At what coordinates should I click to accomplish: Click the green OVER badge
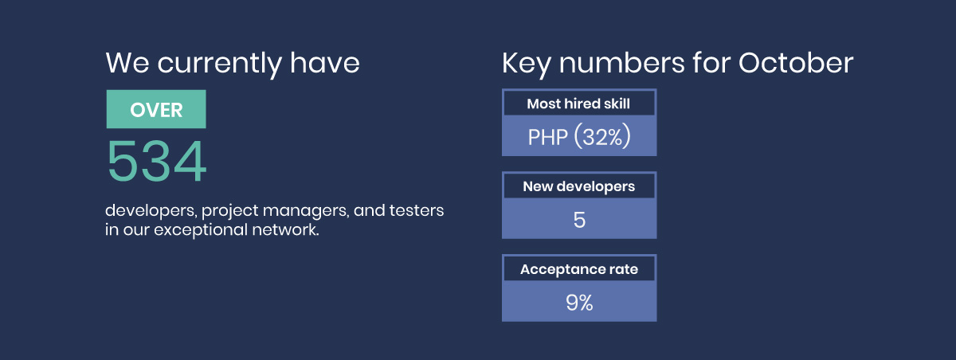(x=156, y=109)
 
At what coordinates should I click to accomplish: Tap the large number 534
(x=157, y=161)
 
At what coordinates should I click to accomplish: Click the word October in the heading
(x=796, y=63)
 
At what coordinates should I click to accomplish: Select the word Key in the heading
(x=527, y=65)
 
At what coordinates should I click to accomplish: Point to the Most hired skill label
(x=578, y=104)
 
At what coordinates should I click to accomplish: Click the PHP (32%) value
(x=579, y=136)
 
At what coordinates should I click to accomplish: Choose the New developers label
(x=578, y=187)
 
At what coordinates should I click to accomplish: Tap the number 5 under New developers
(x=579, y=220)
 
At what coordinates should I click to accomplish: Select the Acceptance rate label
(x=579, y=269)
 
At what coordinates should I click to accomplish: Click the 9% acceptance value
(x=579, y=303)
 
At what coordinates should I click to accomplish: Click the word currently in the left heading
(x=219, y=65)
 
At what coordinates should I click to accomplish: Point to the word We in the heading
(x=127, y=63)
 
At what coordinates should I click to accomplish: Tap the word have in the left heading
(x=325, y=63)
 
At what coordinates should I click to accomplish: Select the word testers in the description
(x=416, y=210)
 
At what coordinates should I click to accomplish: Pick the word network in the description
(x=285, y=229)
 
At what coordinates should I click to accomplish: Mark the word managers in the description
(x=306, y=211)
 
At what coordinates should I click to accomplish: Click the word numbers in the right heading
(x=622, y=63)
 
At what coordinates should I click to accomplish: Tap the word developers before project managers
(x=151, y=211)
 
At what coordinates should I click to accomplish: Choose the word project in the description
(x=230, y=211)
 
